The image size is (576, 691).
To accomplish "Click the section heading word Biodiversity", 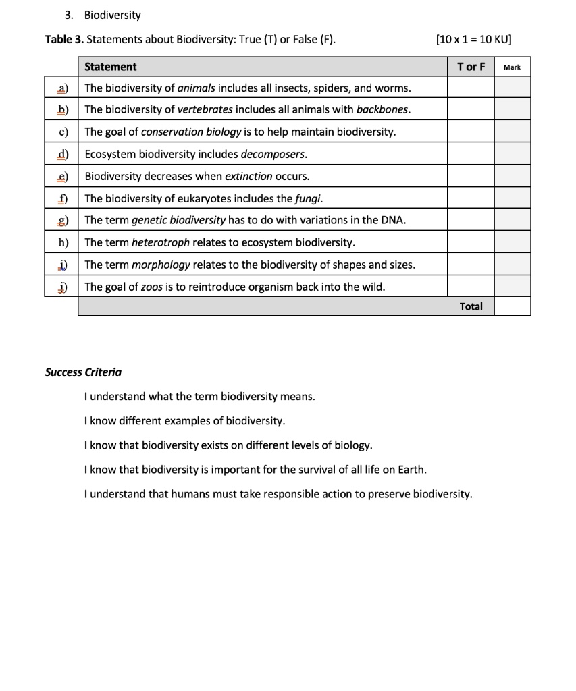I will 113,15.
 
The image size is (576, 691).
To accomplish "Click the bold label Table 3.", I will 64,39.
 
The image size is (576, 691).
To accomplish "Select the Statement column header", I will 110,67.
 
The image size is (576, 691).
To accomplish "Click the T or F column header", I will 471,67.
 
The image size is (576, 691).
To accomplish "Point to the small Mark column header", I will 512,67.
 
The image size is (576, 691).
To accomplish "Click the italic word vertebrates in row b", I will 205,109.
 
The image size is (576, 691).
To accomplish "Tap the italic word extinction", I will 248,176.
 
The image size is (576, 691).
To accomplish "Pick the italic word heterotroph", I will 161,242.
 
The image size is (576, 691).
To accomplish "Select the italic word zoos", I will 151,287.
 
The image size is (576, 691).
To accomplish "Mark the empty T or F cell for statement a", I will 471,88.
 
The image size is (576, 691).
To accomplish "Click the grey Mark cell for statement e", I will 512,176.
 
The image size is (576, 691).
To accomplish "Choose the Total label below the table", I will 471,306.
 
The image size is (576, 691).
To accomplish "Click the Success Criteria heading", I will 83,372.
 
